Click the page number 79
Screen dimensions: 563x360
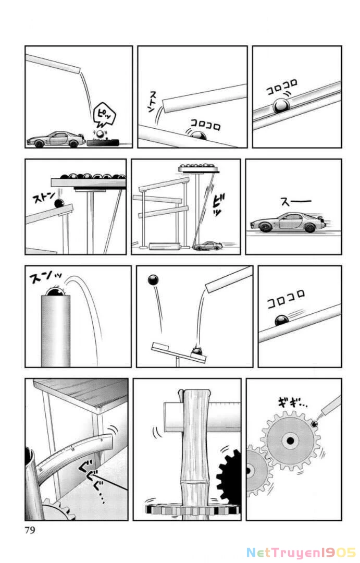click(x=29, y=531)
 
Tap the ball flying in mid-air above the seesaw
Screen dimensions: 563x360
click(x=154, y=280)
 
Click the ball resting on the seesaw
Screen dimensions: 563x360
click(x=197, y=353)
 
